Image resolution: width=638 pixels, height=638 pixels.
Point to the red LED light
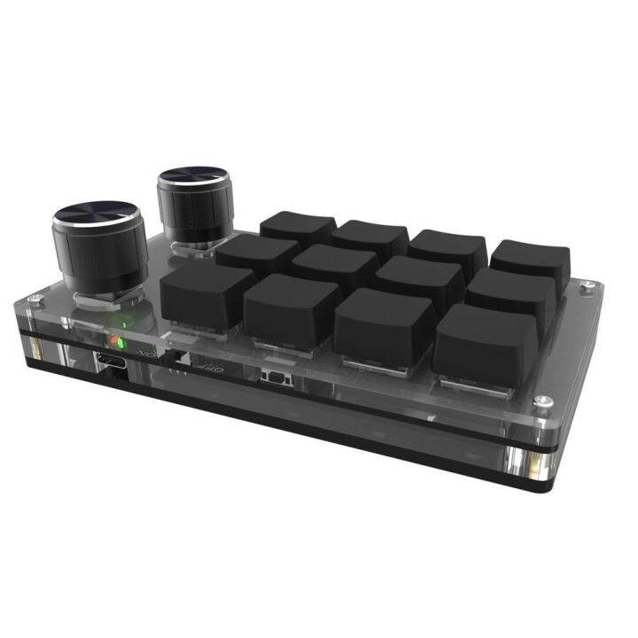113,341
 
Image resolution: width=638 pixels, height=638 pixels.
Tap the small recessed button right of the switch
274,379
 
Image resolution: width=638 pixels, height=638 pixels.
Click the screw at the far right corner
587,285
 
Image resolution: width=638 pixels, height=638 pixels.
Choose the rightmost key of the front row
485,340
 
